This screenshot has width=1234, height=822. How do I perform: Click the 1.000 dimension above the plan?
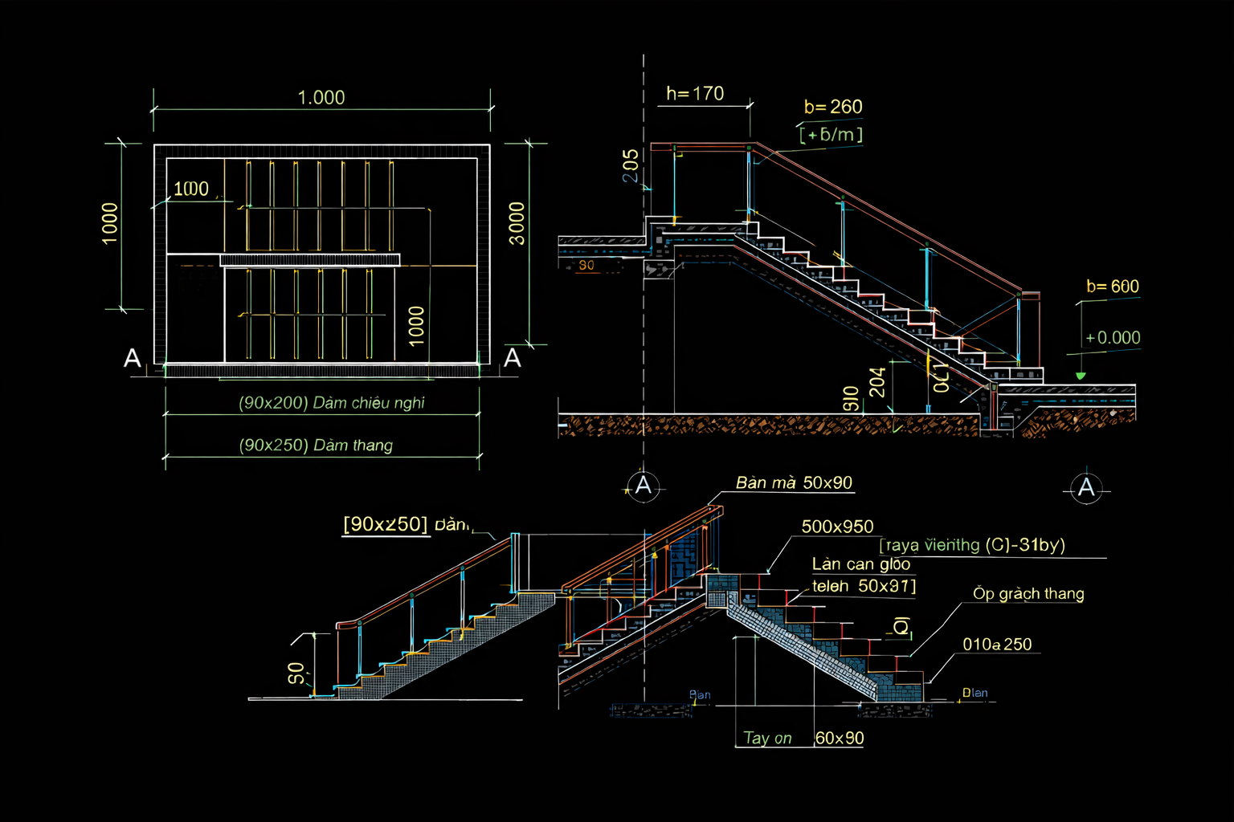pos(321,98)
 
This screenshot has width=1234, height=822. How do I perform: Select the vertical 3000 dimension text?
pos(517,224)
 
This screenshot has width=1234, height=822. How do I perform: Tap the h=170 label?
pos(695,94)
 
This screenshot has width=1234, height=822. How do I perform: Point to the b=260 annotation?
pos(833,107)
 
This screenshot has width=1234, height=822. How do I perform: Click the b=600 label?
pos(1113,287)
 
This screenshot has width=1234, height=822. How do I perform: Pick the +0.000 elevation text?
pos(1113,338)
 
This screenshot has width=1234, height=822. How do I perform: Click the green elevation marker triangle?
pos(1081,376)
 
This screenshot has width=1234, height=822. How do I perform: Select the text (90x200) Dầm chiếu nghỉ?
pos(332,403)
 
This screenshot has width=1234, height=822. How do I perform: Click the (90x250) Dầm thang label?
pos(317,446)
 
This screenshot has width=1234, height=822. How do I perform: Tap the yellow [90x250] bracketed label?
pos(386,524)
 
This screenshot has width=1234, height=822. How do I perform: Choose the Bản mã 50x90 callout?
pos(794,483)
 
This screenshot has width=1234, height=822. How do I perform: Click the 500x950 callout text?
pos(837,527)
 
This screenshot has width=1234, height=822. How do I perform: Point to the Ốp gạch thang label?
pos(1028,594)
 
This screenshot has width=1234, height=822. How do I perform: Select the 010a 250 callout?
pos(997,645)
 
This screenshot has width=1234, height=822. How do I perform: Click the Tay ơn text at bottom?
pos(767,739)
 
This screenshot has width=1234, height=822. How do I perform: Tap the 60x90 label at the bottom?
pos(840,739)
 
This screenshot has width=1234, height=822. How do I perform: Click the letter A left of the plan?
pos(133,358)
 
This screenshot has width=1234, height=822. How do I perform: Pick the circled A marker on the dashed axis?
pos(643,486)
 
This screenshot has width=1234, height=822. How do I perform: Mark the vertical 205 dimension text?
pos(631,165)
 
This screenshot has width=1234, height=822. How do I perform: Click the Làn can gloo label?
pos(860,564)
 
